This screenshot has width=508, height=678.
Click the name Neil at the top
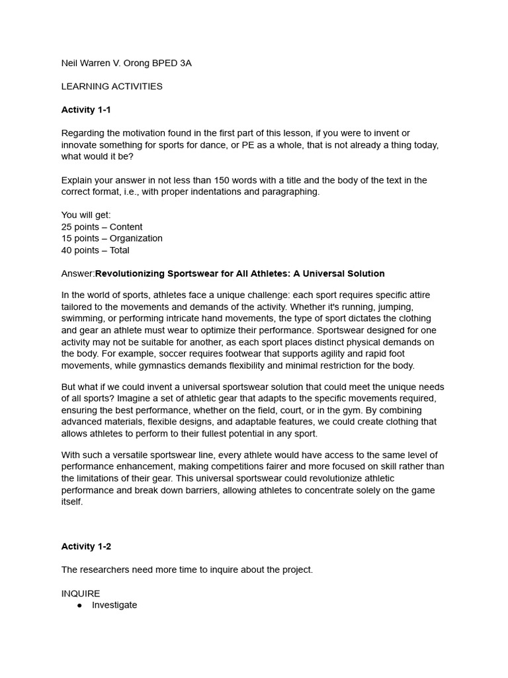click(x=70, y=63)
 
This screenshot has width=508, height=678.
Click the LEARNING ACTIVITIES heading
click(x=112, y=86)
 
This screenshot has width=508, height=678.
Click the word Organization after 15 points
click(x=136, y=238)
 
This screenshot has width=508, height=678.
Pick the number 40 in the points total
click(x=67, y=250)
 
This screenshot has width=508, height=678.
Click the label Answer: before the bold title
click(x=78, y=273)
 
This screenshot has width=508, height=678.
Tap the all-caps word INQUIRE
click(x=81, y=593)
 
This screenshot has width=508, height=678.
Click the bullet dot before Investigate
click(x=80, y=605)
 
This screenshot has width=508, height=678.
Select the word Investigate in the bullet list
click(x=114, y=605)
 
